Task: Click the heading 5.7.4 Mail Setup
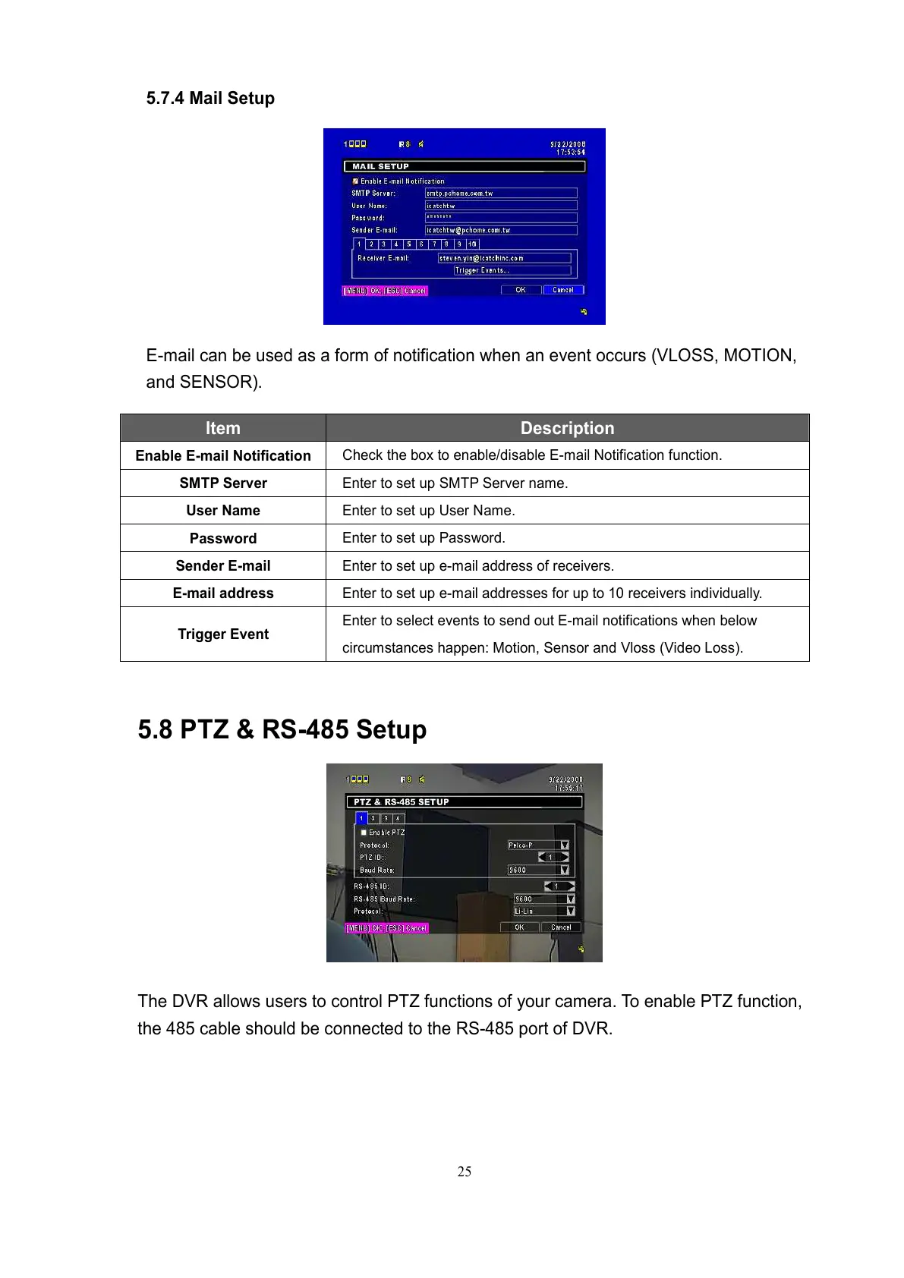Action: coord(210,99)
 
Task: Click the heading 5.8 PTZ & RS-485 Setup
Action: coord(282,729)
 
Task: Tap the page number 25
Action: coord(464,1172)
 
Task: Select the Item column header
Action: coord(222,428)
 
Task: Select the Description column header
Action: coord(567,428)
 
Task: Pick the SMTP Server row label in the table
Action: coord(223,483)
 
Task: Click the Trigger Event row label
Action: coord(223,634)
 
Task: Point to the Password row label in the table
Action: coord(223,538)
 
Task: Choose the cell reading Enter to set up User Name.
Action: coord(428,511)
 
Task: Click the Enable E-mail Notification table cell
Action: coord(223,455)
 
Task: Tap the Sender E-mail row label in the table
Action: coord(223,565)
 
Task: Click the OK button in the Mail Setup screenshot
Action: coord(521,290)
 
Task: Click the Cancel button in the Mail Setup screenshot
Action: coord(563,290)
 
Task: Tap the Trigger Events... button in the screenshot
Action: coord(512,270)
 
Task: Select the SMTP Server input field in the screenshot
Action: coord(501,194)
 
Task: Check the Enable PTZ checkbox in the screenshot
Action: coord(364,833)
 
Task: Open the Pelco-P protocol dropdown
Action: coord(538,845)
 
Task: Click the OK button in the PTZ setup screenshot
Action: coord(519,927)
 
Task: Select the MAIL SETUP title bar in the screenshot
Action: coord(464,166)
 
